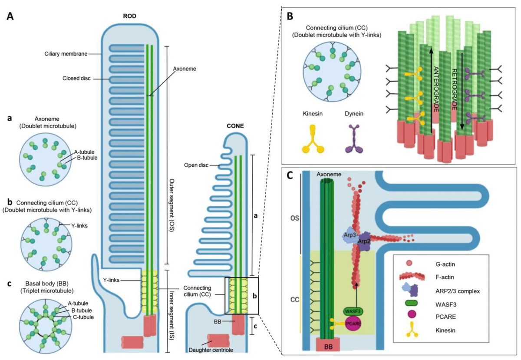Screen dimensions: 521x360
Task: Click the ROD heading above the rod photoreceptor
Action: click(129, 16)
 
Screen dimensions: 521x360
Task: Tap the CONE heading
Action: click(235, 126)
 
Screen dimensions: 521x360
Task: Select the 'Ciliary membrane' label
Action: click(66, 54)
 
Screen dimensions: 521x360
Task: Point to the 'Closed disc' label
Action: click(76, 79)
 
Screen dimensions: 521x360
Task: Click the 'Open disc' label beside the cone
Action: click(196, 165)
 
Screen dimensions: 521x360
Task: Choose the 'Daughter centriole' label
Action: click(211, 350)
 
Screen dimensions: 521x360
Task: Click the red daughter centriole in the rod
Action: click(132, 342)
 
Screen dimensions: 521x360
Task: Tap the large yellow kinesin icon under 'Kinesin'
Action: click(313, 139)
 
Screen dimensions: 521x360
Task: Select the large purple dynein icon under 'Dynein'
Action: click(354, 139)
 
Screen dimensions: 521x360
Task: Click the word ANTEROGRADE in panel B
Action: click(436, 89)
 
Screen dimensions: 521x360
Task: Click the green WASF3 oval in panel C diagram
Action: click(353, 311)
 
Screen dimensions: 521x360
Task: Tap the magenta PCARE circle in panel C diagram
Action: click(353, 324)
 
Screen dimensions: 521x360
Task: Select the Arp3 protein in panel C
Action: click(350, 236)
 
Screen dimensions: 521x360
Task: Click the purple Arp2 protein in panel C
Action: click(364, 241)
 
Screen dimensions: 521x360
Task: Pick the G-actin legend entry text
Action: click(445, 264)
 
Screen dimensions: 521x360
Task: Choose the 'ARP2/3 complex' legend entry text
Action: click(458, 291)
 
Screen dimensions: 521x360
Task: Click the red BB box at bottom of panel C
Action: click(328, 345)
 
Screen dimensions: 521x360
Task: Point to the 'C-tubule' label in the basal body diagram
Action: click(83, 317)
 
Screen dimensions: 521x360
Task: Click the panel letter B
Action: click(290, 16)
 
